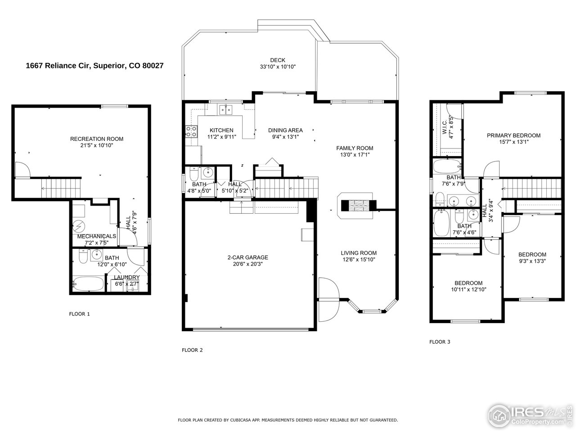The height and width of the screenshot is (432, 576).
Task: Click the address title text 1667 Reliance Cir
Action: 94,66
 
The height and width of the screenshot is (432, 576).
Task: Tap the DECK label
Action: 278,60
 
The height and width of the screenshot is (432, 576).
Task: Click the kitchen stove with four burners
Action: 191,131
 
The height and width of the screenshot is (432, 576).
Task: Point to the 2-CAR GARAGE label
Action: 247,257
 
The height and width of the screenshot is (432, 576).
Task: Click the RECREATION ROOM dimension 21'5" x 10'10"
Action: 97,146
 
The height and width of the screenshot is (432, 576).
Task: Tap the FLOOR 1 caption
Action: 79,314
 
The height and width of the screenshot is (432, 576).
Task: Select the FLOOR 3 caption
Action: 440,342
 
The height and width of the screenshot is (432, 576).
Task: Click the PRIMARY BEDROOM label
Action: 513,135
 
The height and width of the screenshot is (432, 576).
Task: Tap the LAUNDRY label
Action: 126,277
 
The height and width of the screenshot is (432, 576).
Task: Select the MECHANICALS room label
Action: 97,236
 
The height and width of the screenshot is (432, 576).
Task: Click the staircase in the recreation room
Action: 61,184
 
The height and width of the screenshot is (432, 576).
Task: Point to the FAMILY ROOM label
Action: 355,148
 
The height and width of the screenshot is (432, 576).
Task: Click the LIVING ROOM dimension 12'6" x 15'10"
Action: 359,259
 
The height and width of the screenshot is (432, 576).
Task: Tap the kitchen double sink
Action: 226,109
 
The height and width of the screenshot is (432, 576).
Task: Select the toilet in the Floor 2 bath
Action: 194,173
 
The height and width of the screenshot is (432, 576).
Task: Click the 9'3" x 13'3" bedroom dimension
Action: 532,261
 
